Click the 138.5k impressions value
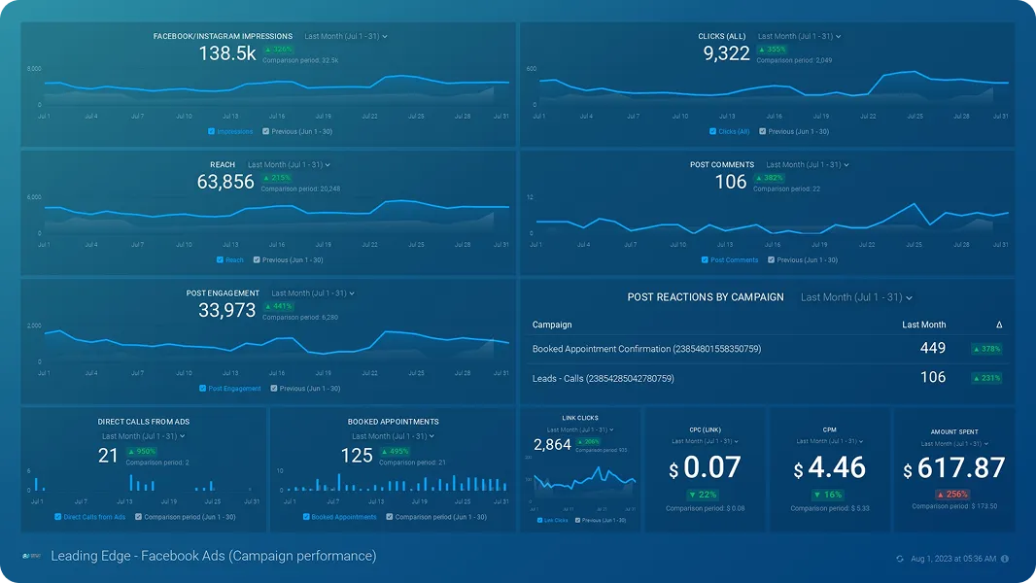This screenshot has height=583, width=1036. (227, 54)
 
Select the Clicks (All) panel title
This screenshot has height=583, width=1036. (722, 37)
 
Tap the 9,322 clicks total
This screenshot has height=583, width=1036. (727, 54)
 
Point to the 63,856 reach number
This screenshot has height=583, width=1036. (225, 182)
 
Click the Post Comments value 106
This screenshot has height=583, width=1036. (731, 182)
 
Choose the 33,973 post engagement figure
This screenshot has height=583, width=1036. (226, 311)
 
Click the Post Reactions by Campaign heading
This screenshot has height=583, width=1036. (706, 297)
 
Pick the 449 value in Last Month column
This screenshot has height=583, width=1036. (933, 348)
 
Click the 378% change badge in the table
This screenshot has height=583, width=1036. (987, 349)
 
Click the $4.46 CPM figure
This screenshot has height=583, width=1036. (830, 468)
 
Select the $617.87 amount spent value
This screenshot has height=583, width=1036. (954, 468)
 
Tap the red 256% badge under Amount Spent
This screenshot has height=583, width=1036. (954, 495)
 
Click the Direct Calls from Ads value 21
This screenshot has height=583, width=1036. (108, 456)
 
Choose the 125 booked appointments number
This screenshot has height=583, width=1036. (357, 456)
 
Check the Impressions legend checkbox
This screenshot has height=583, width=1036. (212, 131)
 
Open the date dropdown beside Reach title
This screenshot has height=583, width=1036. (290, 165)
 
